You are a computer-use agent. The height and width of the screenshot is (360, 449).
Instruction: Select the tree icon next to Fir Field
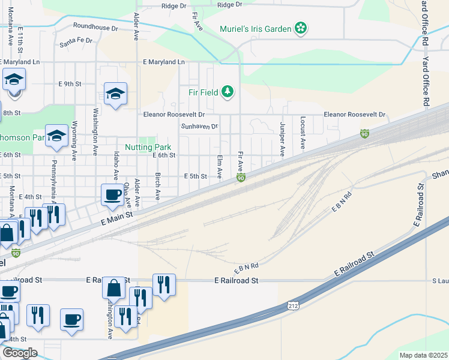pyautogui.click(x=227, y=92)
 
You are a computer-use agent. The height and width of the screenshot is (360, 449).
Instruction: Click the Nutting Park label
pyautogui.click(x=148, y=147)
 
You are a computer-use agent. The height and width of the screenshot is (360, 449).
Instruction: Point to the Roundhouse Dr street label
pyautogui.click(x=95, y=27)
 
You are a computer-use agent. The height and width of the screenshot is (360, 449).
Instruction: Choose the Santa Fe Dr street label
pyautogui.click(x=76, y=41)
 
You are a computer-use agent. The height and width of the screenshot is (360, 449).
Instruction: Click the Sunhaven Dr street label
pyautogui.click(x=199, y=127)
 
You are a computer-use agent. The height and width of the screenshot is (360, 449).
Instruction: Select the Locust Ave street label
pyautogui.click(x=303, y=133)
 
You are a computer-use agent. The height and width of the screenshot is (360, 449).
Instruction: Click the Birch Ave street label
pyautogui.click(x=157, y=187)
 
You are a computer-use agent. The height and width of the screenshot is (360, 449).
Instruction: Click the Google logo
pyautogui.click(x=20, y=353)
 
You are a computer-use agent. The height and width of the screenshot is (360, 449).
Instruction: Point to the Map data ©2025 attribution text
pyautogui.click(x=423, y=355)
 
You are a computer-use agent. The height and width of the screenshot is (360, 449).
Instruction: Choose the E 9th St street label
pyautogui.click(x=68, y=84)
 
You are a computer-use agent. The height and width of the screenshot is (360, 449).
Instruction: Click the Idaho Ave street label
pyautogui.click(x=115, y=165)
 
